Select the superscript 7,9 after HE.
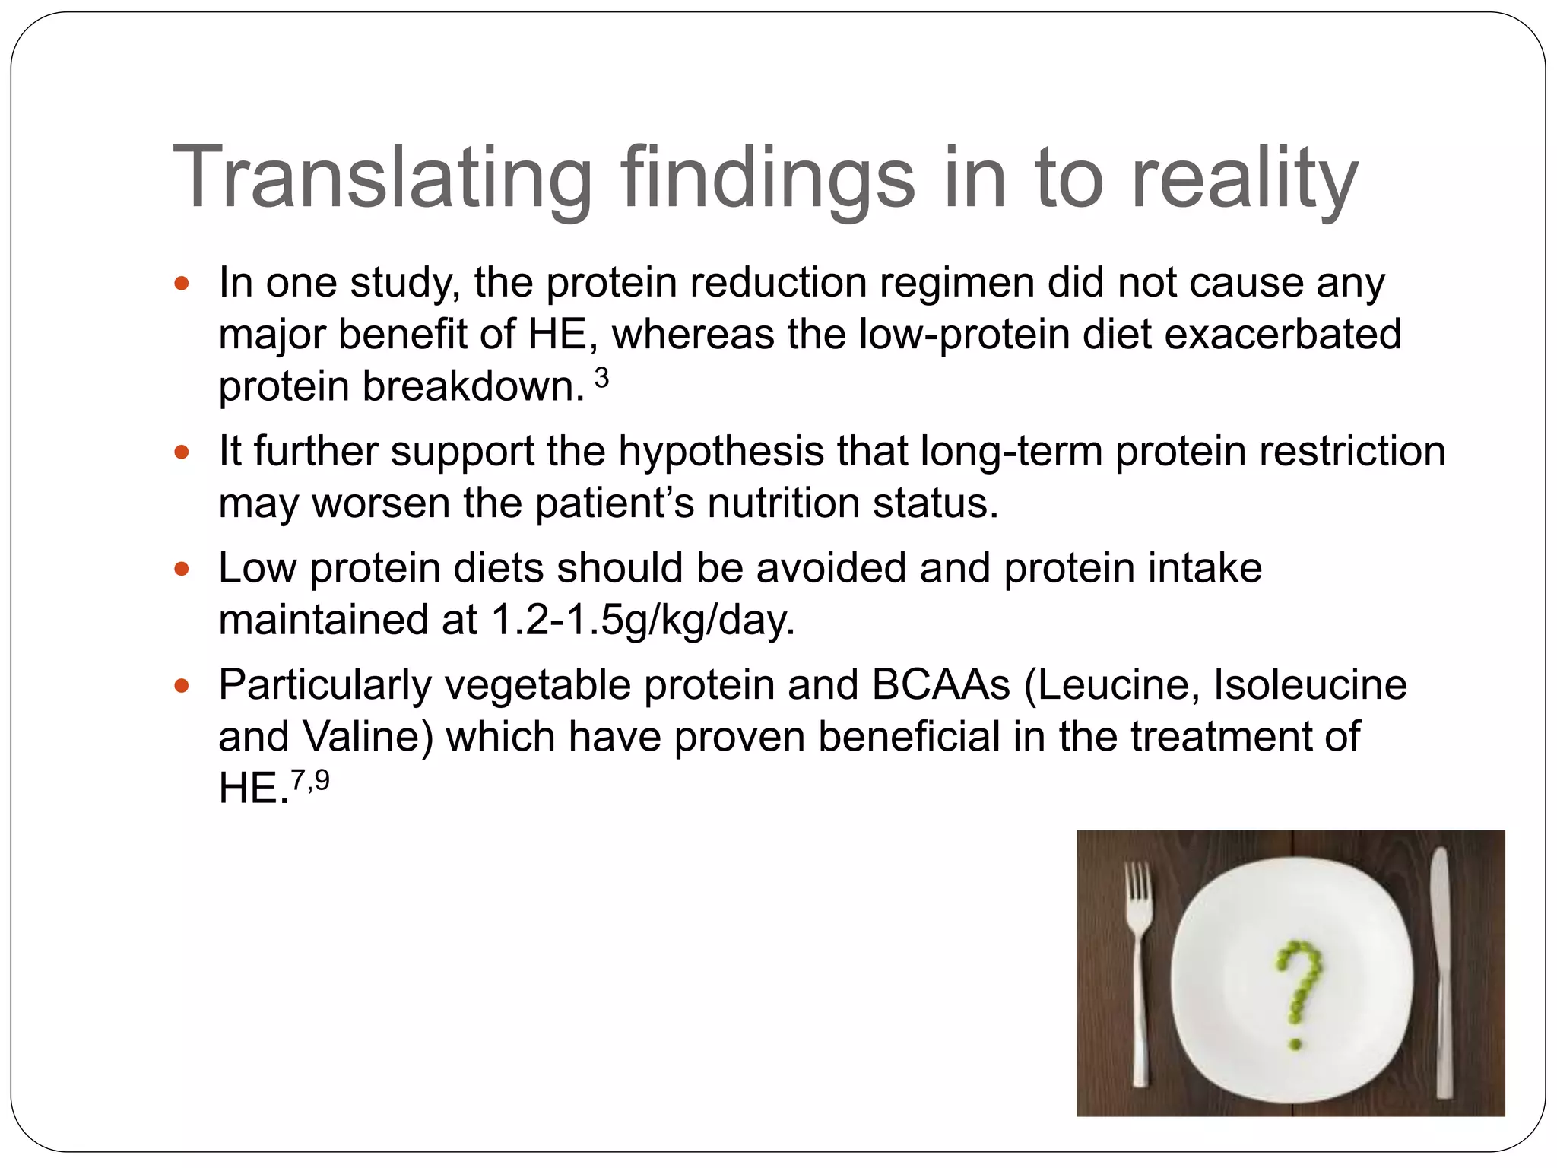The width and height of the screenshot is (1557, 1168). [x=310, y=780]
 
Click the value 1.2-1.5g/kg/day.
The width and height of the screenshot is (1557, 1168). [x=643, y=620]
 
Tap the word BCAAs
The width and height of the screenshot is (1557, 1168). [x=940, y=684]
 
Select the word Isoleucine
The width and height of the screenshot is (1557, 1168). [x=1310, y=684]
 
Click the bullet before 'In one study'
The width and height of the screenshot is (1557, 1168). [x=181, y=285]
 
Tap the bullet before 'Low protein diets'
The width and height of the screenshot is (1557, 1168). [x=181, y=570]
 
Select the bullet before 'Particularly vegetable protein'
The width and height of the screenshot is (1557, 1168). [x=181, y=687]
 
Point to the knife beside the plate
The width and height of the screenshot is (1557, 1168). [x=1441, y=966]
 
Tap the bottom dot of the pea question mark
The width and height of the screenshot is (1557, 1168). [x=1295, y=1045]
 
